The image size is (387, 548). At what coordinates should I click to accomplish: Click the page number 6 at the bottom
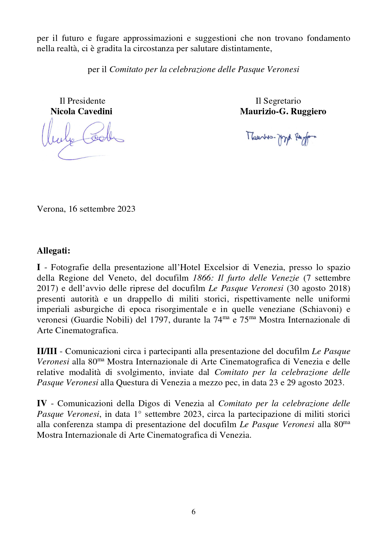click(193, 511)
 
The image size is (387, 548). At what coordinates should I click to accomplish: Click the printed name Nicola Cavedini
click(81, 111)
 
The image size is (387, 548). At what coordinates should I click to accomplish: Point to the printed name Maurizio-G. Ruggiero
click(283, 111)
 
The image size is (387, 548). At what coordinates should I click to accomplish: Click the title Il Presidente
click(82, 101)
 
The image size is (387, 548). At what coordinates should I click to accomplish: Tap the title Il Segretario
click(278, 101)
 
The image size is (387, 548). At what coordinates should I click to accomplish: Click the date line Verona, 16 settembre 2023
click(86, 209)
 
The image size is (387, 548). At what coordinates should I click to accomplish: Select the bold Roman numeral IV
click(42, 403)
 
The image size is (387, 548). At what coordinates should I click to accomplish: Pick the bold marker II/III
click(47, 351)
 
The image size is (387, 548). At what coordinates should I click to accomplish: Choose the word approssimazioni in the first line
click(153, 38)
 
